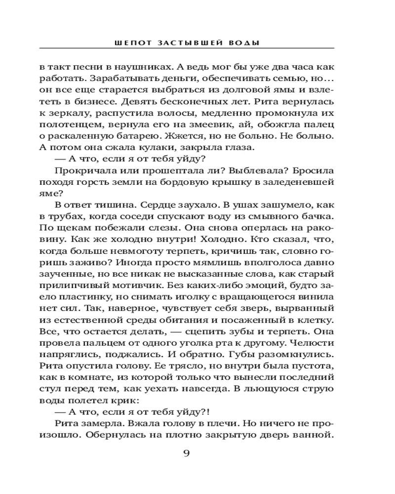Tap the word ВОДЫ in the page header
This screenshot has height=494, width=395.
[x=245, y=43]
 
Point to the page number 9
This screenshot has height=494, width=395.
[x=187, y=453]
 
